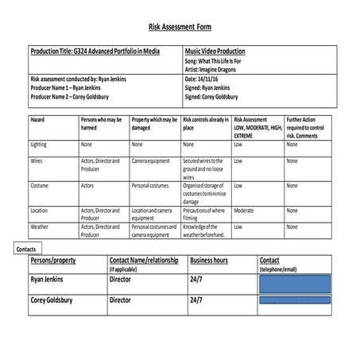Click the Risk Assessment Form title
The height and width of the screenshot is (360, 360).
click(180, 25)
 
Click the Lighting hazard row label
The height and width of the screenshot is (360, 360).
click(39, 145)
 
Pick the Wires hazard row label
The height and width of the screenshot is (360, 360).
click(37, 161)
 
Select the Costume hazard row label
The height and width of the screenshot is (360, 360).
click(40, 185)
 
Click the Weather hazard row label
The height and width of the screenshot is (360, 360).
click(40, 226)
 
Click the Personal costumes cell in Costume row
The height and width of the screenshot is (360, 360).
click(153, 185)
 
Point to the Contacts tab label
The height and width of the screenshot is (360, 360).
click(26, 249)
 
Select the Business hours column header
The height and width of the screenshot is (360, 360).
click(209, 261)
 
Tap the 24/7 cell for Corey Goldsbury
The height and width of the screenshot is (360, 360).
click(197, 301)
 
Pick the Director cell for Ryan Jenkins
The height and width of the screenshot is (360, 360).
click(120, 281)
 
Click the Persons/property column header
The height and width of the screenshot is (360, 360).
click(57, 261)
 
